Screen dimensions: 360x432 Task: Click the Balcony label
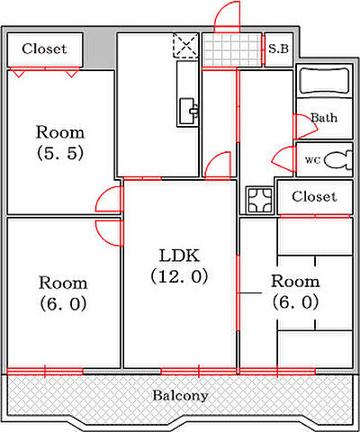pyautogui.click(x=180, y=396)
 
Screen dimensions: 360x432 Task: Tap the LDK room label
pyautogui.click(x=179, y=256)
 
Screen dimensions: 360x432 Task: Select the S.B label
pyautogui.click(x=278, y=49)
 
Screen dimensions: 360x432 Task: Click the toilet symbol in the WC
pyautogui.click(x=338, y=159)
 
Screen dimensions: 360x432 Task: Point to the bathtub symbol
pyautogui.click(x=325, y=81)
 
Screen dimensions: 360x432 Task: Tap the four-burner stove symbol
pyautogui.click(x=259, y=200)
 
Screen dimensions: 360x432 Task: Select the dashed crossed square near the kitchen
pyautogui.click(x=186, y=45)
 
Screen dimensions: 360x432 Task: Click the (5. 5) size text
pyautogui.click(x=59, y=154)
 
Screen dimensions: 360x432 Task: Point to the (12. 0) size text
pyautogui.click(x=179, y=276)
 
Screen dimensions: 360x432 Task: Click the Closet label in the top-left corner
pyautogui.click(x=44, y=49)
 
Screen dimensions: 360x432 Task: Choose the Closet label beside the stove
pyautogui.click(x=314, y=197)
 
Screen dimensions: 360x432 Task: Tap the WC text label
pyautogui.click(x=312, y=160)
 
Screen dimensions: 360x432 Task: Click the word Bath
pyautogui.click(x=324, y=118)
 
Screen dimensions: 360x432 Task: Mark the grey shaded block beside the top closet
pyautogui.click(x=99, y=48)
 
